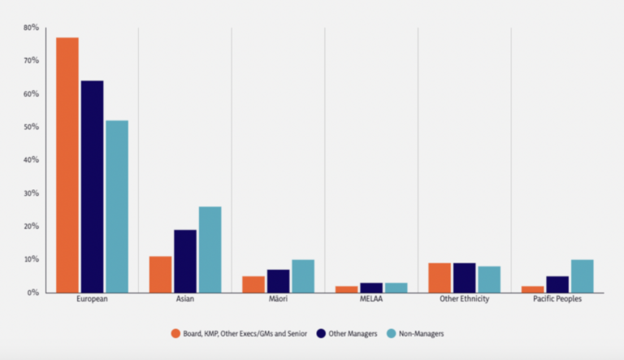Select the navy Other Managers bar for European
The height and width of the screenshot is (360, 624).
pos(92,186)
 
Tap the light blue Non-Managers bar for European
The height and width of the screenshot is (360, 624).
pos(116,206)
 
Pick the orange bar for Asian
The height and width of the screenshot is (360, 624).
pos(160,275)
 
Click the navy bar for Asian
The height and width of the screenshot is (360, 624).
pos(185,261)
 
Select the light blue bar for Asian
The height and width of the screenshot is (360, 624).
pos(210,249)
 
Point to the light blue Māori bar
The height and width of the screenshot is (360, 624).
pos(303,276)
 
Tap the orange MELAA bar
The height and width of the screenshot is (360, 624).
pos(347,289)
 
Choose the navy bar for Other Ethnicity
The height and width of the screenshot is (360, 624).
pos(465,278)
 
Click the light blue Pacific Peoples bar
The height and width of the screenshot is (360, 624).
pos(583,276)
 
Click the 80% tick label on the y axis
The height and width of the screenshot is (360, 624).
pos(31,28)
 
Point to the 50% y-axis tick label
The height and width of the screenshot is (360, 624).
pos(31,128)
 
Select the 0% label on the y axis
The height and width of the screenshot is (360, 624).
pos(33,293)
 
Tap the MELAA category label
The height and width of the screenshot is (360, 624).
pos(371,300)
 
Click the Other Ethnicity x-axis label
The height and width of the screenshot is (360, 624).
pos(465,300)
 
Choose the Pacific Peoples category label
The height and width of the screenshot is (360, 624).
pos(558,300)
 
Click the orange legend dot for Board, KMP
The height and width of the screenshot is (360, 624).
pos(175,333)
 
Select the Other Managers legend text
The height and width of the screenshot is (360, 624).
pos(352,333)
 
